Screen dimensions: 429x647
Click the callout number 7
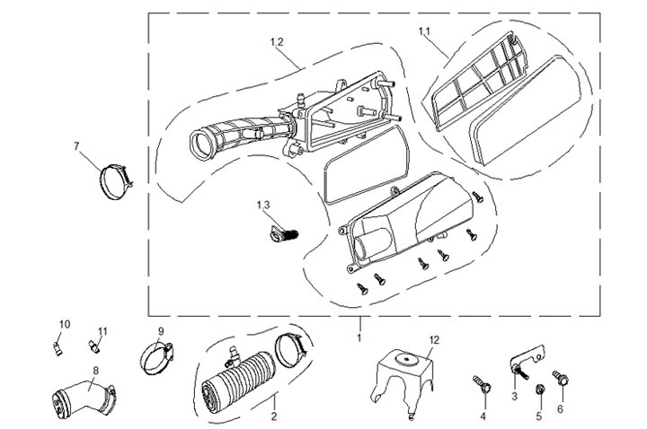(76, 145)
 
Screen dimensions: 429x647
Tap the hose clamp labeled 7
(115, 179)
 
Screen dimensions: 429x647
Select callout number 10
(64, 324)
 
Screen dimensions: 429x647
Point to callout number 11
(102, 331)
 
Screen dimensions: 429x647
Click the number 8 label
(95, 370)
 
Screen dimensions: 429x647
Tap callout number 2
(275, 417)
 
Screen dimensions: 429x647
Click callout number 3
(514, 395)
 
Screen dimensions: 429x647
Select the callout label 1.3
(263, 205)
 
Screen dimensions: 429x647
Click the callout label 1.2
(277, 42)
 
